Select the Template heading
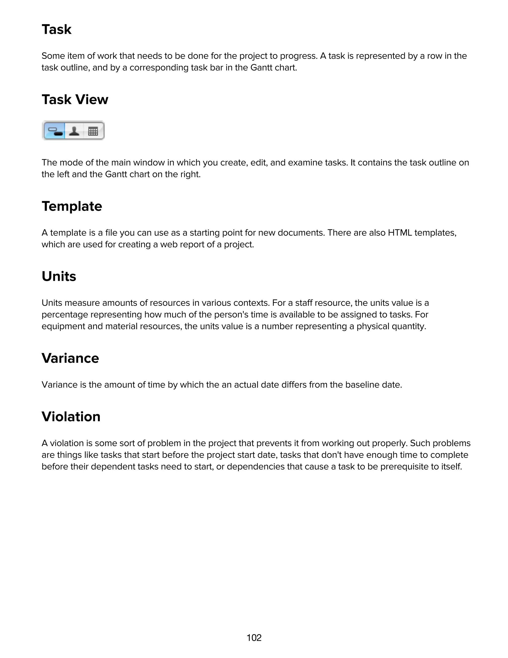tap(72, 206)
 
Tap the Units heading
tap(59, 276)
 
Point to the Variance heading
tap(70, 358)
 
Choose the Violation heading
tap(71, 417)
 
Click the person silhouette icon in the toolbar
tap(74, 131)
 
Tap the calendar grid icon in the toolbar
tap(93, 131)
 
